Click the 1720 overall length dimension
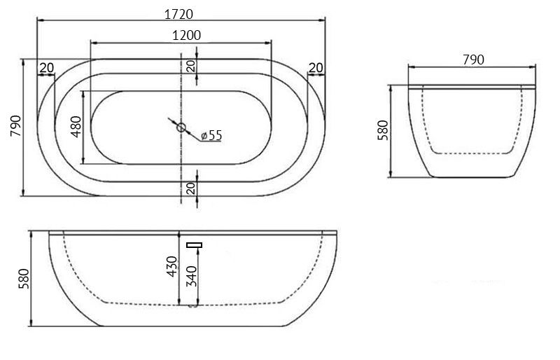click(x=178, y=14)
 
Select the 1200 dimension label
click(x=186, y=36)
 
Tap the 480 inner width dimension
click(x=76, y=127)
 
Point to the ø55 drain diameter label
click(x=211, y=135)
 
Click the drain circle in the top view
click(x=181, y=127)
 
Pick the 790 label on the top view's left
click(x=16, y=126)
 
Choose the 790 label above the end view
click(x=474, y=60)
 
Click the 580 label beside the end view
click(x=383, y=130)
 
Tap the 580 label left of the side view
click(x=24, y=279)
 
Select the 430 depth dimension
click(x=172, y=266)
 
